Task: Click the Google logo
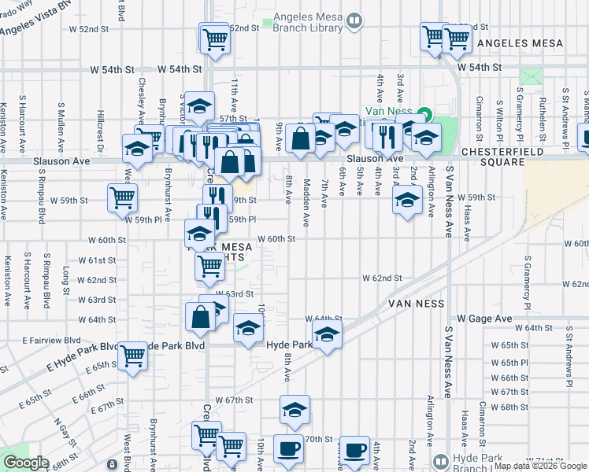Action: (25, 463)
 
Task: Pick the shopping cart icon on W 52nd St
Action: (215, 38)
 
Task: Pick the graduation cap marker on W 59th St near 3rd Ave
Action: (406, 201)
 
